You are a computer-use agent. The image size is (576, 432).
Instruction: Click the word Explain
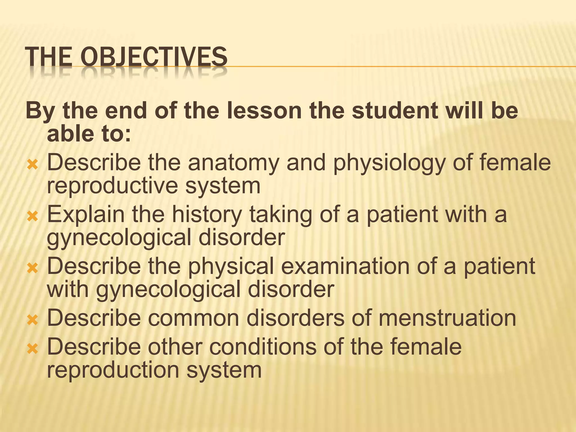click(85, 215)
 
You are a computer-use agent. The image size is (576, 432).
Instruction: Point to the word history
click(207, 215)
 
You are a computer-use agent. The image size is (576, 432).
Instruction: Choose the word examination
click(345, 266)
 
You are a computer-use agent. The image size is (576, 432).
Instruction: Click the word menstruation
click(447, 318)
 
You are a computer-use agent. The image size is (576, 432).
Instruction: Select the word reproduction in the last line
click(113, 370)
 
